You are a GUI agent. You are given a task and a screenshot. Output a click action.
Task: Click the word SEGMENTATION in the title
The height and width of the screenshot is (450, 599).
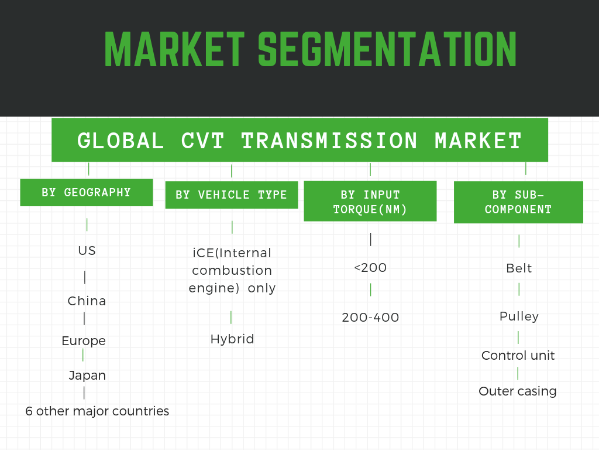click(387, 49)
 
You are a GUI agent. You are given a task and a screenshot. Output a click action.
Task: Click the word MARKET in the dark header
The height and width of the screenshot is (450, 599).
click(174, 49)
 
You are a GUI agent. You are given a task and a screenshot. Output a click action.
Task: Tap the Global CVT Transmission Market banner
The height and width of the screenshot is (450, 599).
click(300, 140)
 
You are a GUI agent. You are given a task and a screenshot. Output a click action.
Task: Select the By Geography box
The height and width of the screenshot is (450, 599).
click(87, 192)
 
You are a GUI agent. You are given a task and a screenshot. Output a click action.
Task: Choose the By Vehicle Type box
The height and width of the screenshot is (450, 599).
click(232, 195)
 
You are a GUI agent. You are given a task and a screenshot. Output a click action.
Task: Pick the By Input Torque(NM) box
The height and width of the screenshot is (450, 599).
click(370, 202)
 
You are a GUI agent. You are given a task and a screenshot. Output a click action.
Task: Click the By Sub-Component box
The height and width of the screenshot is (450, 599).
click(518, 202)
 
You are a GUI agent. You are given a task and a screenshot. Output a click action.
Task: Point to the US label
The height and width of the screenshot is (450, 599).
click(87, 251)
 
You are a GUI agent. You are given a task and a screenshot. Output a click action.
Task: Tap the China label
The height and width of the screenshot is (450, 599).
click(87, 301)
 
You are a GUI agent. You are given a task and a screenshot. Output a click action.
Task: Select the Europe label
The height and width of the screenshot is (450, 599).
click(84, 341)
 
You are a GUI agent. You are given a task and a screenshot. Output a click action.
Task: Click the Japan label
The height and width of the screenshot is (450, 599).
click(87, 376)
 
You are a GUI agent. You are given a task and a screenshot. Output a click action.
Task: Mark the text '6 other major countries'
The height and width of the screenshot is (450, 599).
click(97, 411)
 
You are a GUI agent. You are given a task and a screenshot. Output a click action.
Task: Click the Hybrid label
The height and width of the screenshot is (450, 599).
click(232, 339)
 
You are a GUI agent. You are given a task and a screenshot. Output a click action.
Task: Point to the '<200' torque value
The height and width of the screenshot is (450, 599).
click(370, 267)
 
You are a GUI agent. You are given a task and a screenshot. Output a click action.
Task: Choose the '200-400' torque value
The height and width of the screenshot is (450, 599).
click(370, 317)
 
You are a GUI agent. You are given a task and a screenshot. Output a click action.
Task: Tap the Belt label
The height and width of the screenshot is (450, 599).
click(519, 268)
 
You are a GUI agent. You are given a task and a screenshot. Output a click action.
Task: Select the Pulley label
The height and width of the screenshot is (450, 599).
click(519, 316)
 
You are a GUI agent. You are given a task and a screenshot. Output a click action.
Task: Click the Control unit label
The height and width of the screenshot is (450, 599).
click(518, 356)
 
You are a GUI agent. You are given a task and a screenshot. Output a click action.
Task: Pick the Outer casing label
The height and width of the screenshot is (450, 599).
click(518, 391)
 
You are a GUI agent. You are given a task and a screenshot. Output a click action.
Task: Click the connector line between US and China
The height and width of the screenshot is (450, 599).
click(85, 277)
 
